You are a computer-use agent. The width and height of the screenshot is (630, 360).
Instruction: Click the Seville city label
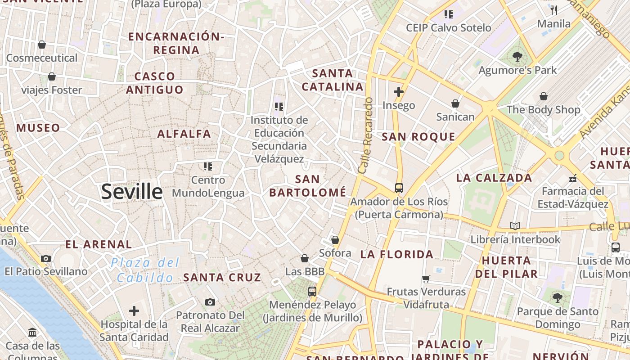pos(131,192)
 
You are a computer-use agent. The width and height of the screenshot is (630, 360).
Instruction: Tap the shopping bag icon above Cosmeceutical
pos(42,45)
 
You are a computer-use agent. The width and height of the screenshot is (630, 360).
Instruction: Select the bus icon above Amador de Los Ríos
pos(399,188)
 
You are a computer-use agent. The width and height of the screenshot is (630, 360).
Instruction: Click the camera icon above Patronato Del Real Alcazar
pos(210,302)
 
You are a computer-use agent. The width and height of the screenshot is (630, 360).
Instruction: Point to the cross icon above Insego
pos(398,92)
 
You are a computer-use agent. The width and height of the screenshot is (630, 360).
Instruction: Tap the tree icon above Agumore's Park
pos(517,57)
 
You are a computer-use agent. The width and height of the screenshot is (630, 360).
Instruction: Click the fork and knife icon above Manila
pos(554,10)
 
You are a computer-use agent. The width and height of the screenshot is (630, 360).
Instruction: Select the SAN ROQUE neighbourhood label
pos(418,137)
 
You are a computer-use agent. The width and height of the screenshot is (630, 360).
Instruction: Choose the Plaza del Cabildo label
pos(145,270)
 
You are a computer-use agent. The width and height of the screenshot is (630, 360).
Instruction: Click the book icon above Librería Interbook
pos(515,226)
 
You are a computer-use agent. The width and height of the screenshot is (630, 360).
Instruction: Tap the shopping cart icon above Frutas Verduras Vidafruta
pos(426,279)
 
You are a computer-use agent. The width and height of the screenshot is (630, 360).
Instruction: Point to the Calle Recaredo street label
pos(366,135)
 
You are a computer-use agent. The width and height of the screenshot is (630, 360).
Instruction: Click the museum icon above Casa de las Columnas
pos(33,333)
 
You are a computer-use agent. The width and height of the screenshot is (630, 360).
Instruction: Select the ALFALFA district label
pos(184,134)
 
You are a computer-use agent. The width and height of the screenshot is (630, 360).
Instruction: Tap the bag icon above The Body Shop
pos(544,96)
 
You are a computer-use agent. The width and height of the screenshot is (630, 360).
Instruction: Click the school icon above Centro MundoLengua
pos(207,166)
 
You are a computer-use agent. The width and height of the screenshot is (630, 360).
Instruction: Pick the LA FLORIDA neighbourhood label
pos(396,255)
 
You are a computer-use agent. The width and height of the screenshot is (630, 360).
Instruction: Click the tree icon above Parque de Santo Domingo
pos(558,297)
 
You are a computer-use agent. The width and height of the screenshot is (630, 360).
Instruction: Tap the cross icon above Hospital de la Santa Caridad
pos(134,311)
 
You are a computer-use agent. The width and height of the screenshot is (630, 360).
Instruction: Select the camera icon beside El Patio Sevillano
pos(45,258)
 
